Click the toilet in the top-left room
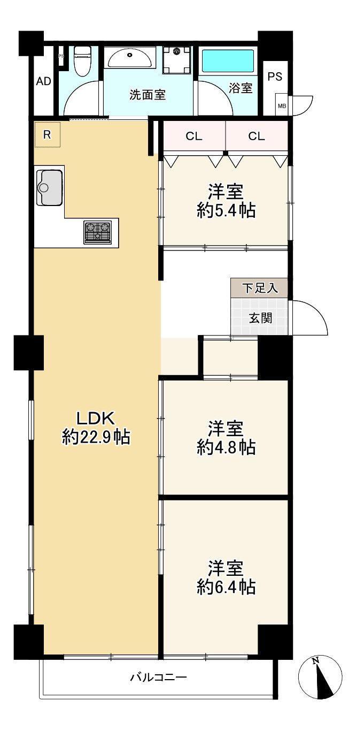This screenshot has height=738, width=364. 82,61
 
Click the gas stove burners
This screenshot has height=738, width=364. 97,232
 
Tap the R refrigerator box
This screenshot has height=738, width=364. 48,135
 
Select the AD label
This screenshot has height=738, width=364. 43,82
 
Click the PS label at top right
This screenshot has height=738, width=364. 275,77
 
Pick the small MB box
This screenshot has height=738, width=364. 282,106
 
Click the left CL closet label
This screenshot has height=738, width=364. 194,136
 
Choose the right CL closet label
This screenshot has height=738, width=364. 257,136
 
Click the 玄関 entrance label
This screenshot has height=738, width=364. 260,318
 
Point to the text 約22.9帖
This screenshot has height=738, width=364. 96,438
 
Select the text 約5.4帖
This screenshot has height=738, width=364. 226,211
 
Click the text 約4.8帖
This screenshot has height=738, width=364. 226,447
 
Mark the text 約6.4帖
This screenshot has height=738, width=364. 226,587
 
